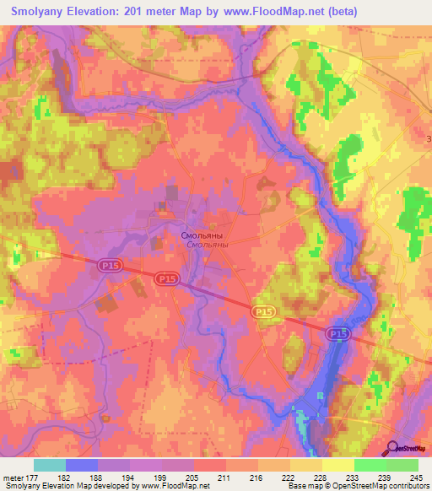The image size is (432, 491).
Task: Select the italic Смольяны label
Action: pos(206,245)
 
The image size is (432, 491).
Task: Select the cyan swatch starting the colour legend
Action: pos(50,465)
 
